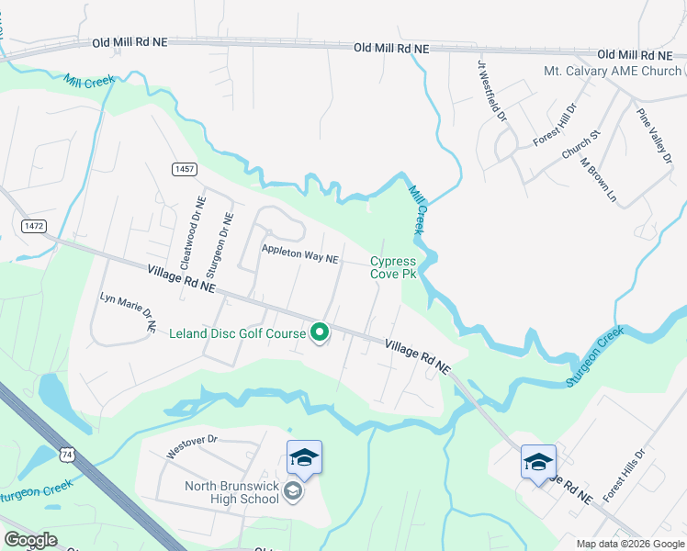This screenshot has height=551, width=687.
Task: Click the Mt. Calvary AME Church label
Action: (613, 71)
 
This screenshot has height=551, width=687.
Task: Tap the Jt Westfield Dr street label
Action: (490, 91)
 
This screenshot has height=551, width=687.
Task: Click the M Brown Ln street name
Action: (597, 178)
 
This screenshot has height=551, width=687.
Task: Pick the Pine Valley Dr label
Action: (656, 137)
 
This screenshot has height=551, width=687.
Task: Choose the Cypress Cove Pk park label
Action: (393, 267)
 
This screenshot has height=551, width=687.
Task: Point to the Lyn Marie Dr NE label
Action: (128, 312)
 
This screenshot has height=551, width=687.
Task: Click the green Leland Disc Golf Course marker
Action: (320, 332)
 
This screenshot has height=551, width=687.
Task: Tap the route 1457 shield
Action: (184, 169)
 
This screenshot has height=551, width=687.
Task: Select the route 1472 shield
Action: (34, 225)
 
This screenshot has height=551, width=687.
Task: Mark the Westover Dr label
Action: (190, 447)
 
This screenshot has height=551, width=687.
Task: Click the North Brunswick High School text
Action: (219, 492)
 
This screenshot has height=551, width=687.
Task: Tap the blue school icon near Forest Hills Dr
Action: (538, 461)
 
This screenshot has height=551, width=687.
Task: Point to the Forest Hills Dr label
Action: (625, 475)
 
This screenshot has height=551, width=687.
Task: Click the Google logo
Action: (31, 540)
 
